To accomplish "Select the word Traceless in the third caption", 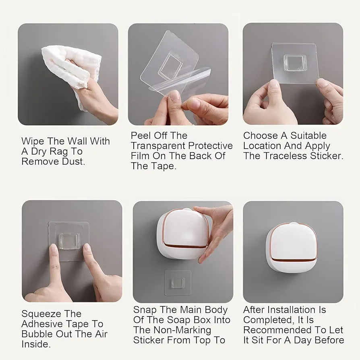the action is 286,156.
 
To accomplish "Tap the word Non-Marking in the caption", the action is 182,330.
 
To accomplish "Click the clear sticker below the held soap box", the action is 178,283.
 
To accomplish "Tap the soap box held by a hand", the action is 183,234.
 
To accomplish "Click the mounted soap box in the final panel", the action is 292,248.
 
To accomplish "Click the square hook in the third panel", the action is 294,63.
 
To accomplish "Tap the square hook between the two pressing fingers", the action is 70,241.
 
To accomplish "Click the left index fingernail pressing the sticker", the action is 54,248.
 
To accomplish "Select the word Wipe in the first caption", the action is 33,141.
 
